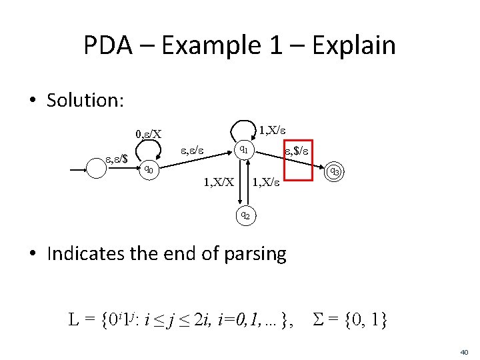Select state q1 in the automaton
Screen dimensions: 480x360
(x=245, y=149)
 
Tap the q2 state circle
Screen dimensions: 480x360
(x=245, y=215)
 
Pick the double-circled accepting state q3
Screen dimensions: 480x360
(x=336, y=172)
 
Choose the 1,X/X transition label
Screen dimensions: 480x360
(x=218, y=181)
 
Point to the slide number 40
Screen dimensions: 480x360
(x=464, y=351)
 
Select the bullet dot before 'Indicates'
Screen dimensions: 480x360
(x=33, y=254)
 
